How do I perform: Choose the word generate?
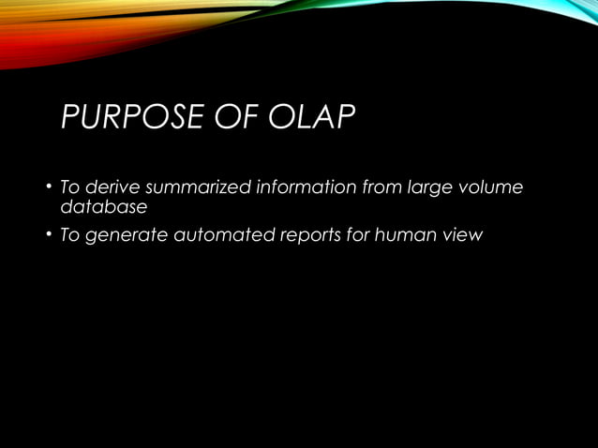[x=126, y=234]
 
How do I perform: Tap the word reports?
[x=312, y=234]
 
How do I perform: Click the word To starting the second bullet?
[x=69, y=234]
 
